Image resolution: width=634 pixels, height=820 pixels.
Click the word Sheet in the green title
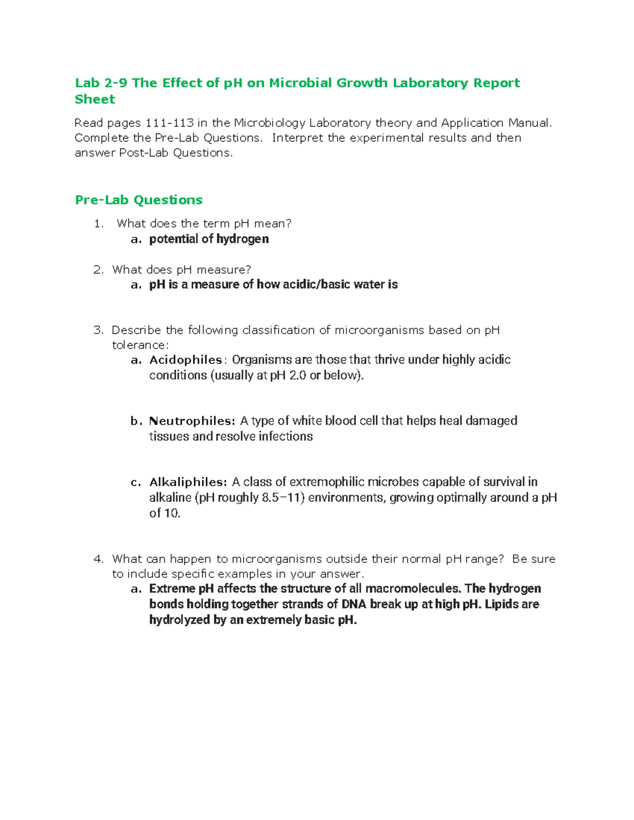[x=95, y=99]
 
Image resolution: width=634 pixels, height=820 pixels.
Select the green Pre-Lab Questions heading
[x=138, y=200]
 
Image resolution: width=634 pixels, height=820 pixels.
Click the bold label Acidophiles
[x=185, y=360]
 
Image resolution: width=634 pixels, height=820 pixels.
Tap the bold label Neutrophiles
[x=191, y=421]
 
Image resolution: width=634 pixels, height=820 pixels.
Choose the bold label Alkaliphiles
[x=188, y=483]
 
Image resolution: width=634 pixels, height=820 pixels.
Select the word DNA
[x=353, y=604]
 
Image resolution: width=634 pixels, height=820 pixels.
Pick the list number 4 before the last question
[x=98, y=559]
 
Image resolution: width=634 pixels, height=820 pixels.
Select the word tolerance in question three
[x=139, y=345]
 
